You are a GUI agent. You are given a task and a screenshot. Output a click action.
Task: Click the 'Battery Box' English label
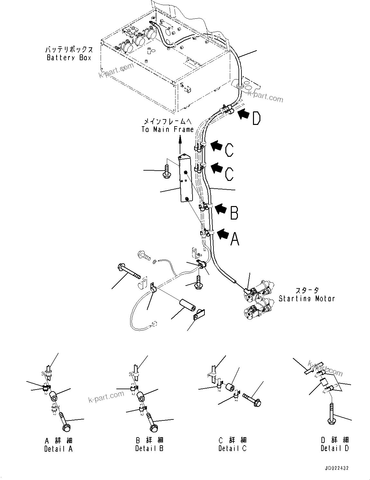click(69, 58)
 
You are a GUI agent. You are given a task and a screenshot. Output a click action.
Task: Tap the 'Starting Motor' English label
click(306, 298)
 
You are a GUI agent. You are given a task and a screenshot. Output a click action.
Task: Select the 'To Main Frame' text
click(168, 129)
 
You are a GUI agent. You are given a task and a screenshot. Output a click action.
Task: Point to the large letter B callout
click(234, 212)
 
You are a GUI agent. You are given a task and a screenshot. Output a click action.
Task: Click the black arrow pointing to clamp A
click(223, 233)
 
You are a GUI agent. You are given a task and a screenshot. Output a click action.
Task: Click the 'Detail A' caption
click(59, 449)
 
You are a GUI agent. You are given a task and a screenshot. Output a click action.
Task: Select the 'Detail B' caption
click(149, 448)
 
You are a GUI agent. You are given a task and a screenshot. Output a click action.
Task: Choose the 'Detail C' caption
click(232, 448)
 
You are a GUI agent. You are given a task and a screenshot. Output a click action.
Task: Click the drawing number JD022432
click(334, 468)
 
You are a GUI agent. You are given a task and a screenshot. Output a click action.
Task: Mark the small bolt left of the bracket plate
click(167, 171)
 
